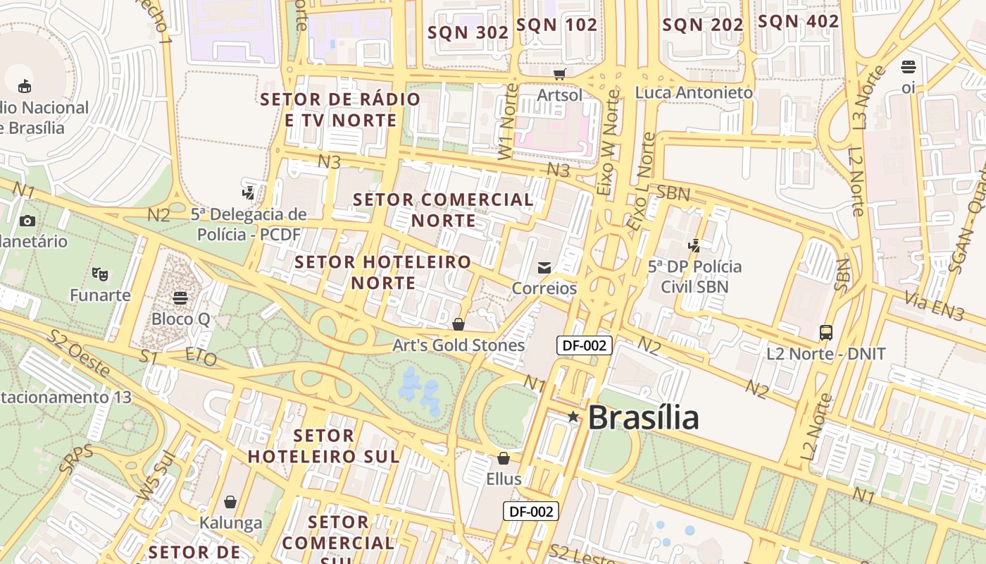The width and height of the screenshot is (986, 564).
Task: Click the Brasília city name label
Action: (643, 417)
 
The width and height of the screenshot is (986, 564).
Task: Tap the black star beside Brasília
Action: (573, 417)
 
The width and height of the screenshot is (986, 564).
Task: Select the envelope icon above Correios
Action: (544, 268)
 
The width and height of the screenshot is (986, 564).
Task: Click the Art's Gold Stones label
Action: (458, 345)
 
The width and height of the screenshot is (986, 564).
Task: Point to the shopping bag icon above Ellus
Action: (504, 459)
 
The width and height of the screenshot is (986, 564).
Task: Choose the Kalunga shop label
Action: (230, 523)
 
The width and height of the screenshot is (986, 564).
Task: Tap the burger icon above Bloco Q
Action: (180, 298)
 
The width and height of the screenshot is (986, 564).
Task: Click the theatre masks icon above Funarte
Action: (100, 274)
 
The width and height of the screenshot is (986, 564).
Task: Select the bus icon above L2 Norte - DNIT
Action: (826, 332)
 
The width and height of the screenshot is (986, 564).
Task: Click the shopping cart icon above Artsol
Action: (560, 74)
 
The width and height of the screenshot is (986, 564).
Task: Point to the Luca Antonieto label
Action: (694, 92)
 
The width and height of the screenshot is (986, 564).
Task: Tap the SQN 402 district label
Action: (799, 22)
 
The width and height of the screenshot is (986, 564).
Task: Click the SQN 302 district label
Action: (468, 32)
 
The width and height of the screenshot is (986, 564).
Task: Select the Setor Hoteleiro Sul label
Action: (323, 446)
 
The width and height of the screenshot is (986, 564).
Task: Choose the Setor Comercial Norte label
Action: (444, 209)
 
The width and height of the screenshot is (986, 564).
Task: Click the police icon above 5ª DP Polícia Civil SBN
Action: (694, 245)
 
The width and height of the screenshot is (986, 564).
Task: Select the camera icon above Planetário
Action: (27, 221)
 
